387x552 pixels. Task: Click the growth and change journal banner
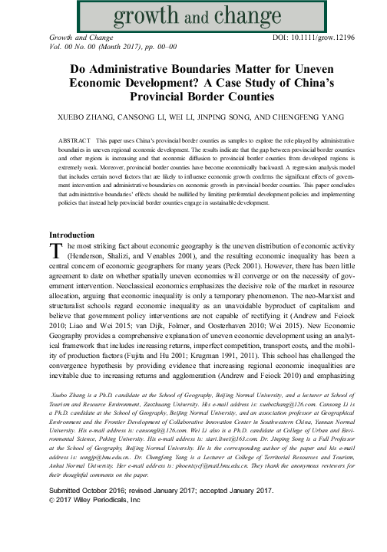(193, 14)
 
